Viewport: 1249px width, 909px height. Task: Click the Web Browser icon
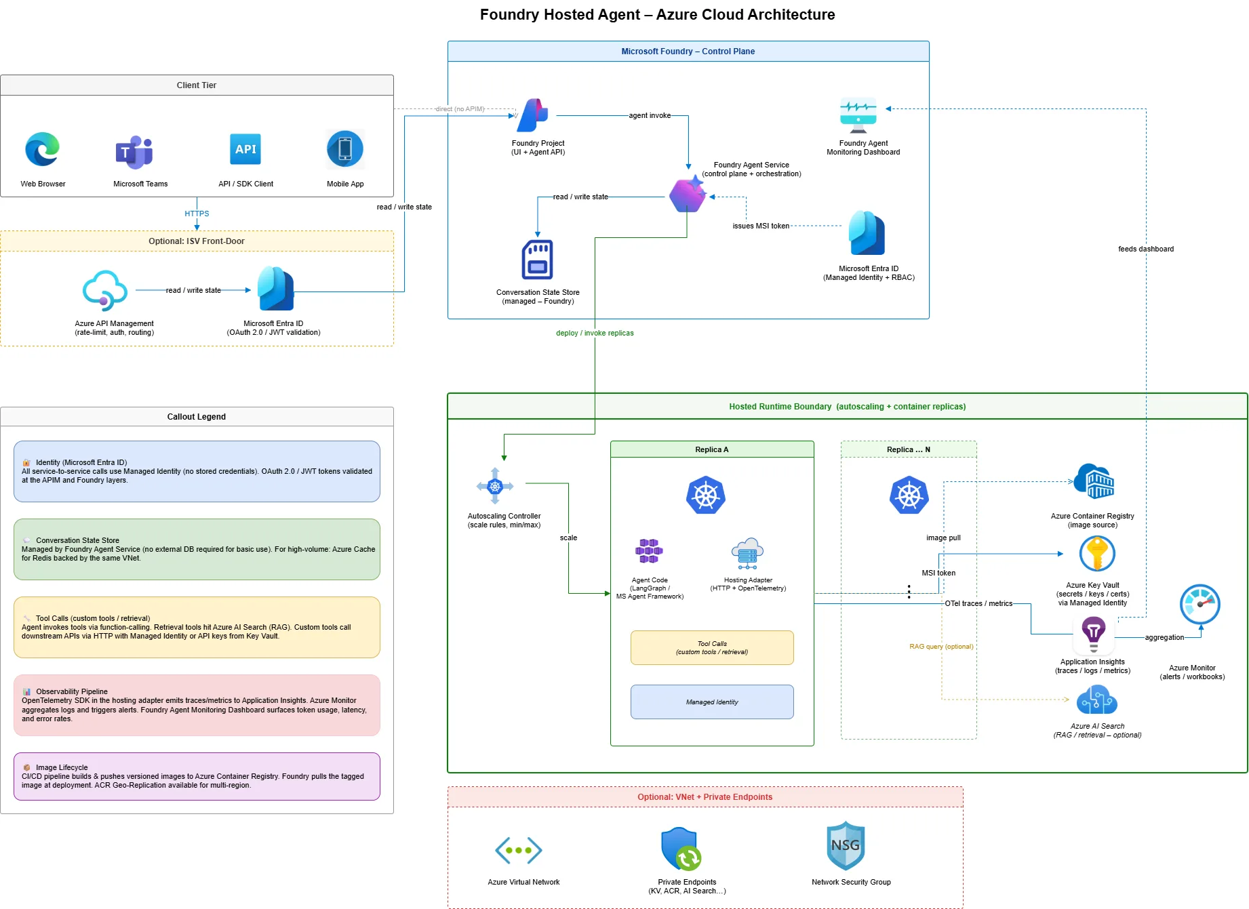coord(43,150)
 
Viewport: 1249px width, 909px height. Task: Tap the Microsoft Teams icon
coord(134,152)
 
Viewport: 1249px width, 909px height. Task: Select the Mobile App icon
coord(345,149)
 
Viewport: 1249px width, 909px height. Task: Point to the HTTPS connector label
coord(197,214)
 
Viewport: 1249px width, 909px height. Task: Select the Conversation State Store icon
coord(537,260)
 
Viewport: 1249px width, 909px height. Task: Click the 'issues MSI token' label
coord(761,226)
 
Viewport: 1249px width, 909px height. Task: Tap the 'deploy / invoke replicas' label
coord(595,333)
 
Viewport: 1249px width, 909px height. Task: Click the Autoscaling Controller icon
coord(495,486)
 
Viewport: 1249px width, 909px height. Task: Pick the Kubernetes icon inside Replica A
coord(705,496)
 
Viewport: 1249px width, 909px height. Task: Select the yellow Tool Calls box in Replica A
coord(712,647)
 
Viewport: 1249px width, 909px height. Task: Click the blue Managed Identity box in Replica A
coord(712,702)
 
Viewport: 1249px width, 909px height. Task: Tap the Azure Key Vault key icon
coord(1096,554)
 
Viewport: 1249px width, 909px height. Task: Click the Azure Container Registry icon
coord(1094,482)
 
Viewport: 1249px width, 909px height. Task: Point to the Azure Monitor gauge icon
coord(1200,604)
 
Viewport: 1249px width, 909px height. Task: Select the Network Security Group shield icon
coord(846,846)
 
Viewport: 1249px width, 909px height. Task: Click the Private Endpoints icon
coord(681,849)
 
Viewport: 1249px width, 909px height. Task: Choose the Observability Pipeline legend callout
coord(197,705)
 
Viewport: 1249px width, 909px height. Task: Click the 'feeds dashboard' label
coord(1145,249)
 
